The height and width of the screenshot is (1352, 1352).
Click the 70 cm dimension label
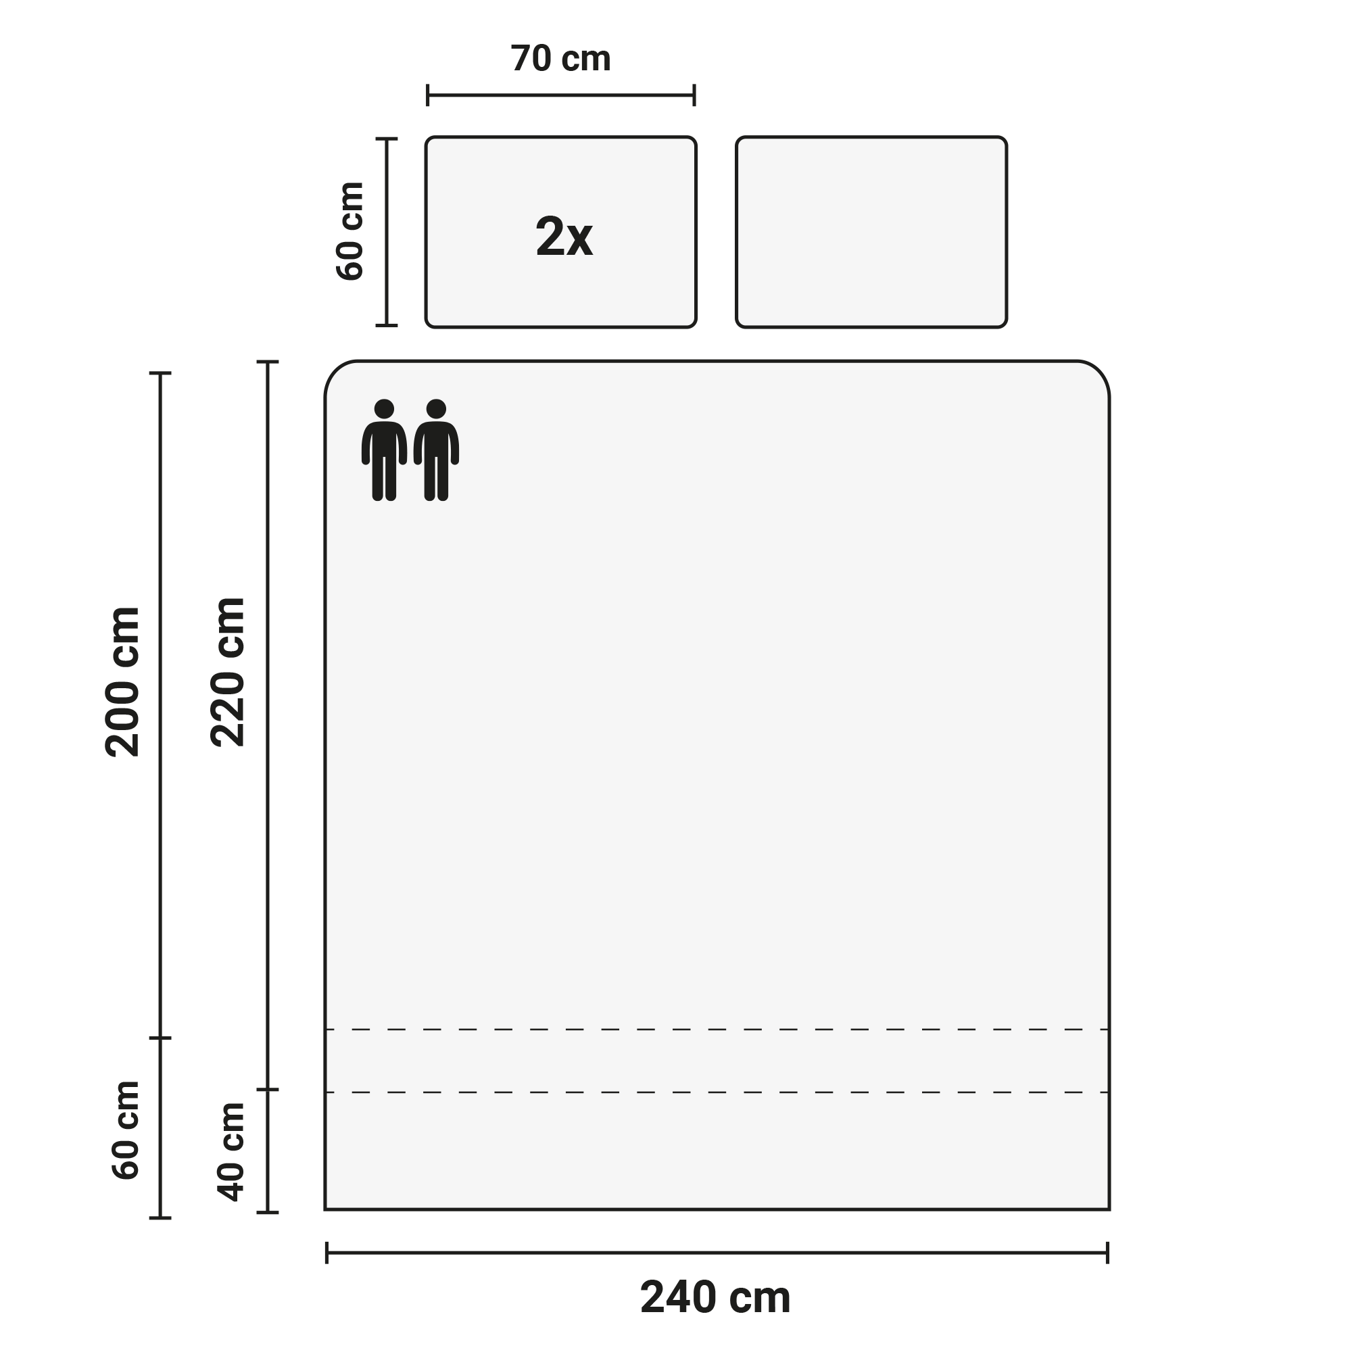560,59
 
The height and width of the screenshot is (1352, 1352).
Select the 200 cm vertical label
123,681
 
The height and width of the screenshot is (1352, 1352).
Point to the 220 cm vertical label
228,672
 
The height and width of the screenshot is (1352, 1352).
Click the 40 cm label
231,1152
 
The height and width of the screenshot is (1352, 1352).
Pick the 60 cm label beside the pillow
350,231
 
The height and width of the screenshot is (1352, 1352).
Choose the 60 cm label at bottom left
126,1130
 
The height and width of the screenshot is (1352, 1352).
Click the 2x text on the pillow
564,237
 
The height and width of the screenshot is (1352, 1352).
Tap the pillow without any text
871,232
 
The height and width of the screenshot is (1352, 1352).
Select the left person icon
384,450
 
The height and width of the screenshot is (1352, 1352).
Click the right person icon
436,450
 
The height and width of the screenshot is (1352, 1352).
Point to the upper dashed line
717,1030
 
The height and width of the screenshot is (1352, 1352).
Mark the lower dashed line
717,1092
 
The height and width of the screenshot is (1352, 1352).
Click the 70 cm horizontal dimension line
560,95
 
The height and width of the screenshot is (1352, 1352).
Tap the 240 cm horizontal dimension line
717,1253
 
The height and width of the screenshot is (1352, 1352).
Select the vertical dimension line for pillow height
386,233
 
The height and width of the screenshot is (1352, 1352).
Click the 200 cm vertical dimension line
160,705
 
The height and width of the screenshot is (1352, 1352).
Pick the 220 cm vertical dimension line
268,725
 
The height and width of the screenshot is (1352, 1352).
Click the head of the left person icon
384,409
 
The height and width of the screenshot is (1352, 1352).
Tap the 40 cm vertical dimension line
268,1151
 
